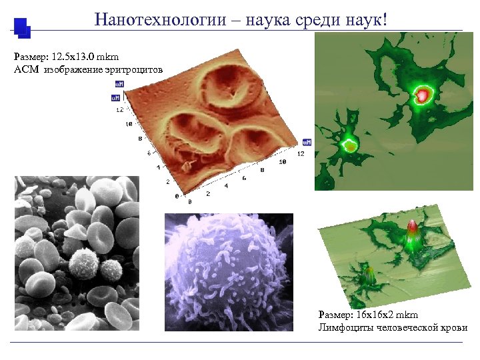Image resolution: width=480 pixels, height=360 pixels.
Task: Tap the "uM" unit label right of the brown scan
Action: click(307, 142)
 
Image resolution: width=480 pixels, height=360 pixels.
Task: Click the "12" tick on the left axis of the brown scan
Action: click(119, 109)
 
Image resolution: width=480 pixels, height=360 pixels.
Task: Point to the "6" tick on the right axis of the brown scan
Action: click(244, 178)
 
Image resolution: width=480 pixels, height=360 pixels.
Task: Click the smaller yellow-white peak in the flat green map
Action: click(349, 144)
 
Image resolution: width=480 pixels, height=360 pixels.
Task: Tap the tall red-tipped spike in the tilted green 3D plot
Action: click(411, 231)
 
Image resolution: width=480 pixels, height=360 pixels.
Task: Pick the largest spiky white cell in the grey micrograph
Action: click(84, 263)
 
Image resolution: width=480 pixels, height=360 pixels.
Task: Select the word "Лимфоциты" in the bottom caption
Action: click(343, 327)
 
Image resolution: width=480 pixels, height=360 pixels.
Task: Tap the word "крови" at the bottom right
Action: click(453, 327)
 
